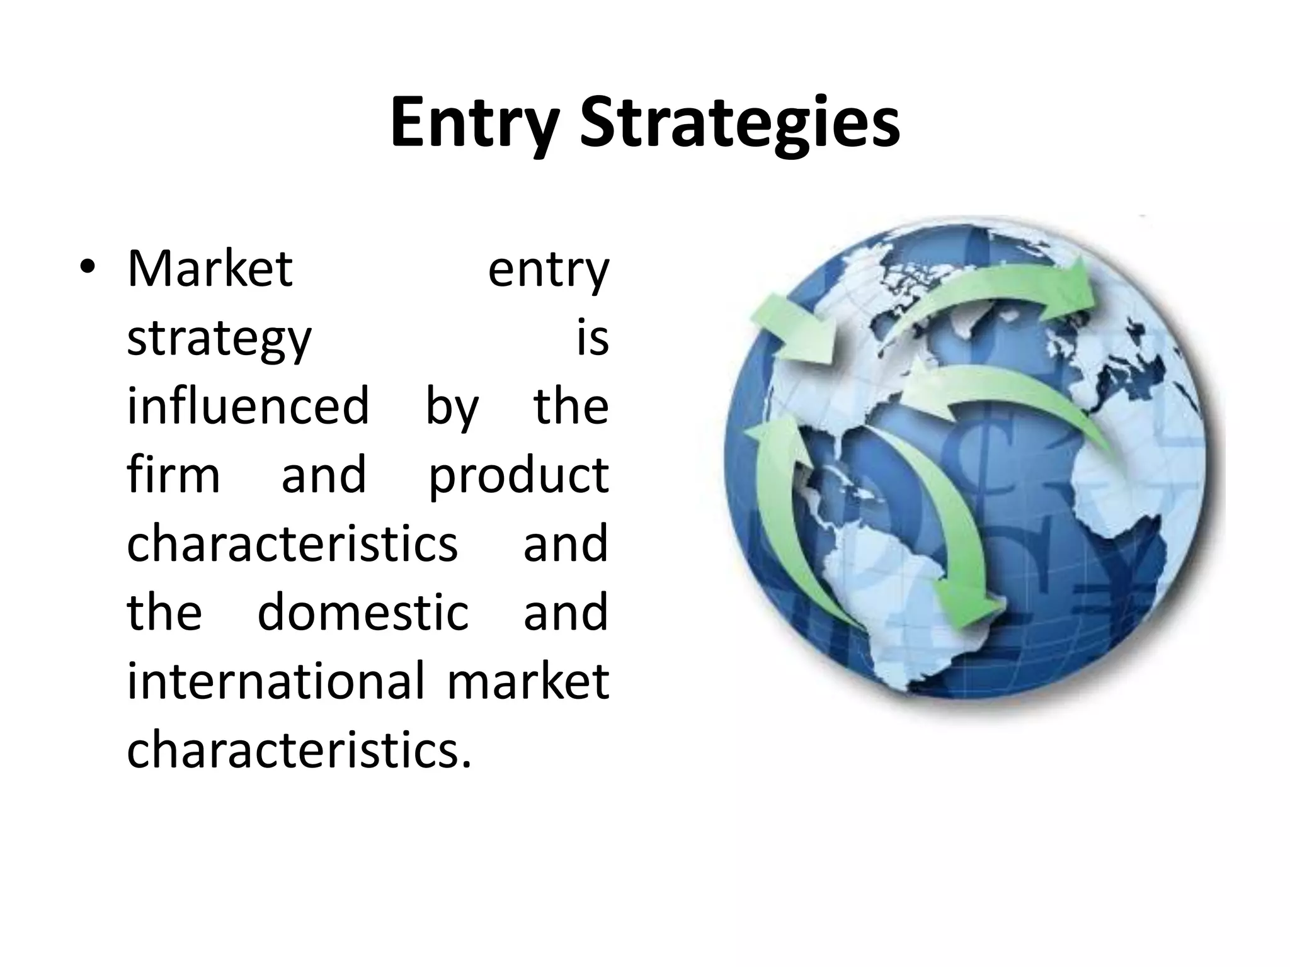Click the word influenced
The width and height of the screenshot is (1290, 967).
[x=248, y=406]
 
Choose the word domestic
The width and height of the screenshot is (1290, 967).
[x=363, y=612]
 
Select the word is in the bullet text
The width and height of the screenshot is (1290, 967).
[x=593, y=338]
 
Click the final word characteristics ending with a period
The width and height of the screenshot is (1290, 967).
[x=299, y=749]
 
